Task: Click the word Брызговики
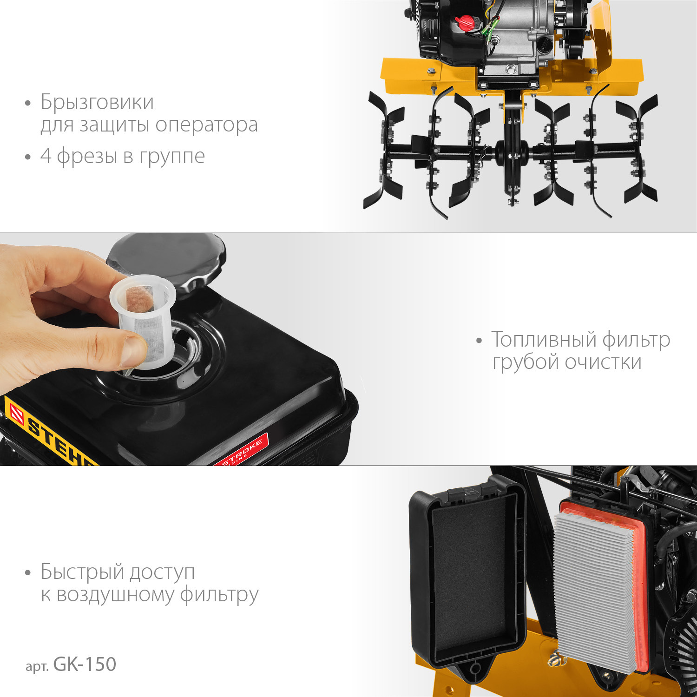(97, 103)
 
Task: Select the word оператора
(206, 125)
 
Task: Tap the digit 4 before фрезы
(46, 156)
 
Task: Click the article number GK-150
(85, 664)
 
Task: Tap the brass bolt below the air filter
(554, 657)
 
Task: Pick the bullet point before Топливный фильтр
(479, 341)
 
